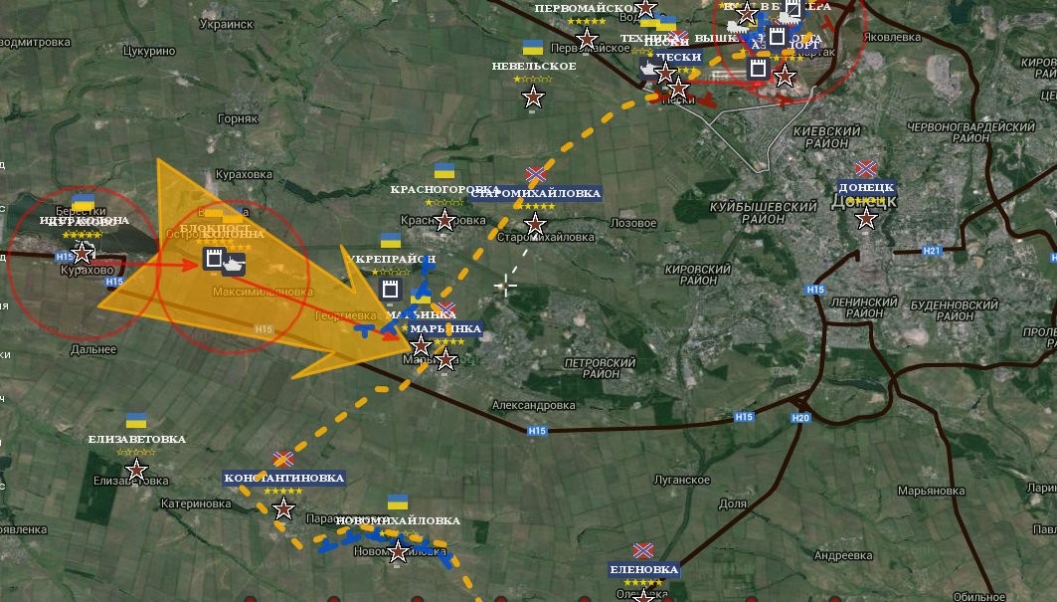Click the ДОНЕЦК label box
pos(866,187)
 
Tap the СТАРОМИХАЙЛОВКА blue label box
pos(536,194)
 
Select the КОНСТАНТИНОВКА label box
pos(284,478)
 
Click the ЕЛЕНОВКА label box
pos(644,570)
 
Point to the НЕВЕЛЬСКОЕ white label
pos(534,67)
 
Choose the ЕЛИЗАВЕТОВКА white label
pos(137,439)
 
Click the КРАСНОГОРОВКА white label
pos(444,189)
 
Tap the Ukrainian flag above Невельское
pos(533,48)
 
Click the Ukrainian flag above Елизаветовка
pos(136,421)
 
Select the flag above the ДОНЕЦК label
pos(865,170)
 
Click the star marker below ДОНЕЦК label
pos(866,219)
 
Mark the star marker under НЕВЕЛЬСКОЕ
pos(534,98)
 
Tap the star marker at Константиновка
pos(283,509)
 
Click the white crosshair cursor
pos(506,287)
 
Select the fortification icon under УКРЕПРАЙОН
pos(391,290)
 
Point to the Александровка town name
pos(534,406)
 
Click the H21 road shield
pos(932,251)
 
